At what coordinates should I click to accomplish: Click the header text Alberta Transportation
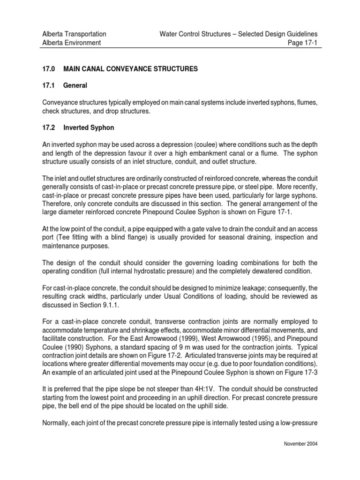pyautogui.click(x=74, y=34)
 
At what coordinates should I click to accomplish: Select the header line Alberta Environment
pyautogui.click(x=71, y=43)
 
